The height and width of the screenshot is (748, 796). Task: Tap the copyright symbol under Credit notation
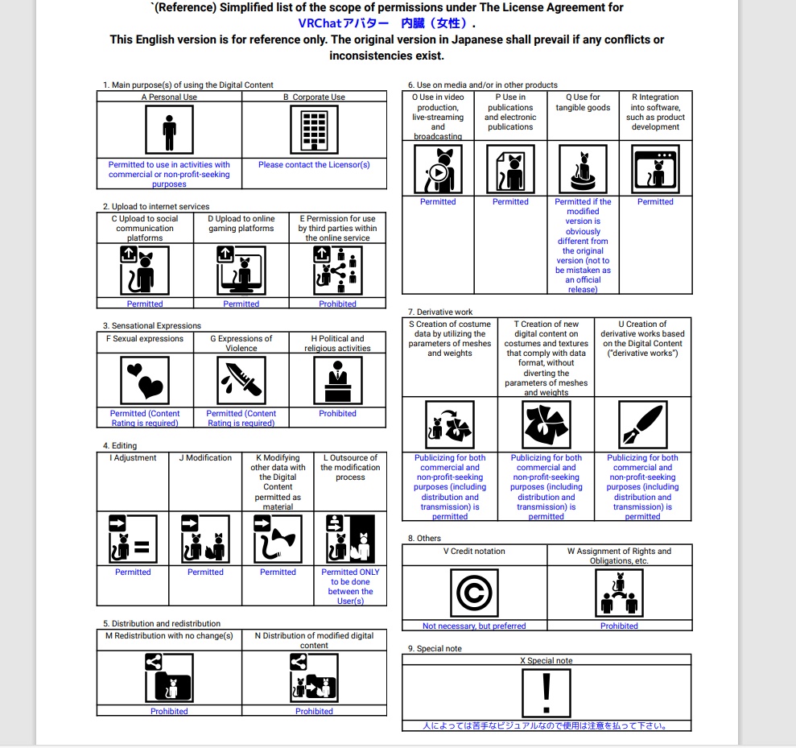pyautogui.click(x=474, y=592)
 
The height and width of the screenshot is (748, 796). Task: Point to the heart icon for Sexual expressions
pyautogui.click(x=144, y=380)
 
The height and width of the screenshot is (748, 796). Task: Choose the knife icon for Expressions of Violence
pyautogui.click(x=241, y=380)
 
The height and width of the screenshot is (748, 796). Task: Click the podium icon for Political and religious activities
pyautogui.click(x=337, y=380)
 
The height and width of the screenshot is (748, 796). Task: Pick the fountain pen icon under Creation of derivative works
pyautogui.click(x=642, y=424)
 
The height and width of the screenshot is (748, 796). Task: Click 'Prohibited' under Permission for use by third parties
pyautogui.click(x=337, y=304)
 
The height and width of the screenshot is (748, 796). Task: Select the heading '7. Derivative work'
pyautogui.click(x=440, y=312)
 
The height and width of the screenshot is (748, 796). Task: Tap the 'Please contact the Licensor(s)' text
pyautogui.click(x=314, y=165)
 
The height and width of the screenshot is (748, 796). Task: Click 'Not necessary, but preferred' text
pyautogui.click(x=474, y=626)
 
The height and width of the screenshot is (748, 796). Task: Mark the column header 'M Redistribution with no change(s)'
pyautogui.click(x=169, y=636)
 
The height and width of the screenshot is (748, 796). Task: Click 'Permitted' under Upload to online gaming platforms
pyautogui.click(x=241, y=304)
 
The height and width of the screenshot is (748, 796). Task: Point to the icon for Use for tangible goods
pyautogui.click(x=583, y=169)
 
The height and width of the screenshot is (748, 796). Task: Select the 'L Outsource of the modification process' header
pyautogui.click(x=350, y=467)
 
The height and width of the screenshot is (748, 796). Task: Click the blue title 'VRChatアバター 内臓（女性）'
pyautogui.click(x=382, y=23)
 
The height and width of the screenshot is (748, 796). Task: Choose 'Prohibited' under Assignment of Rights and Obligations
pyautogui.click(x=619, y=626)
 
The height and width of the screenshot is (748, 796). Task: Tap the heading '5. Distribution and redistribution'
pyautogui.click(x=162, y=624)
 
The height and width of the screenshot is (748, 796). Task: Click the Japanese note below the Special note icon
pyautogui.click(x=546, y=726)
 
